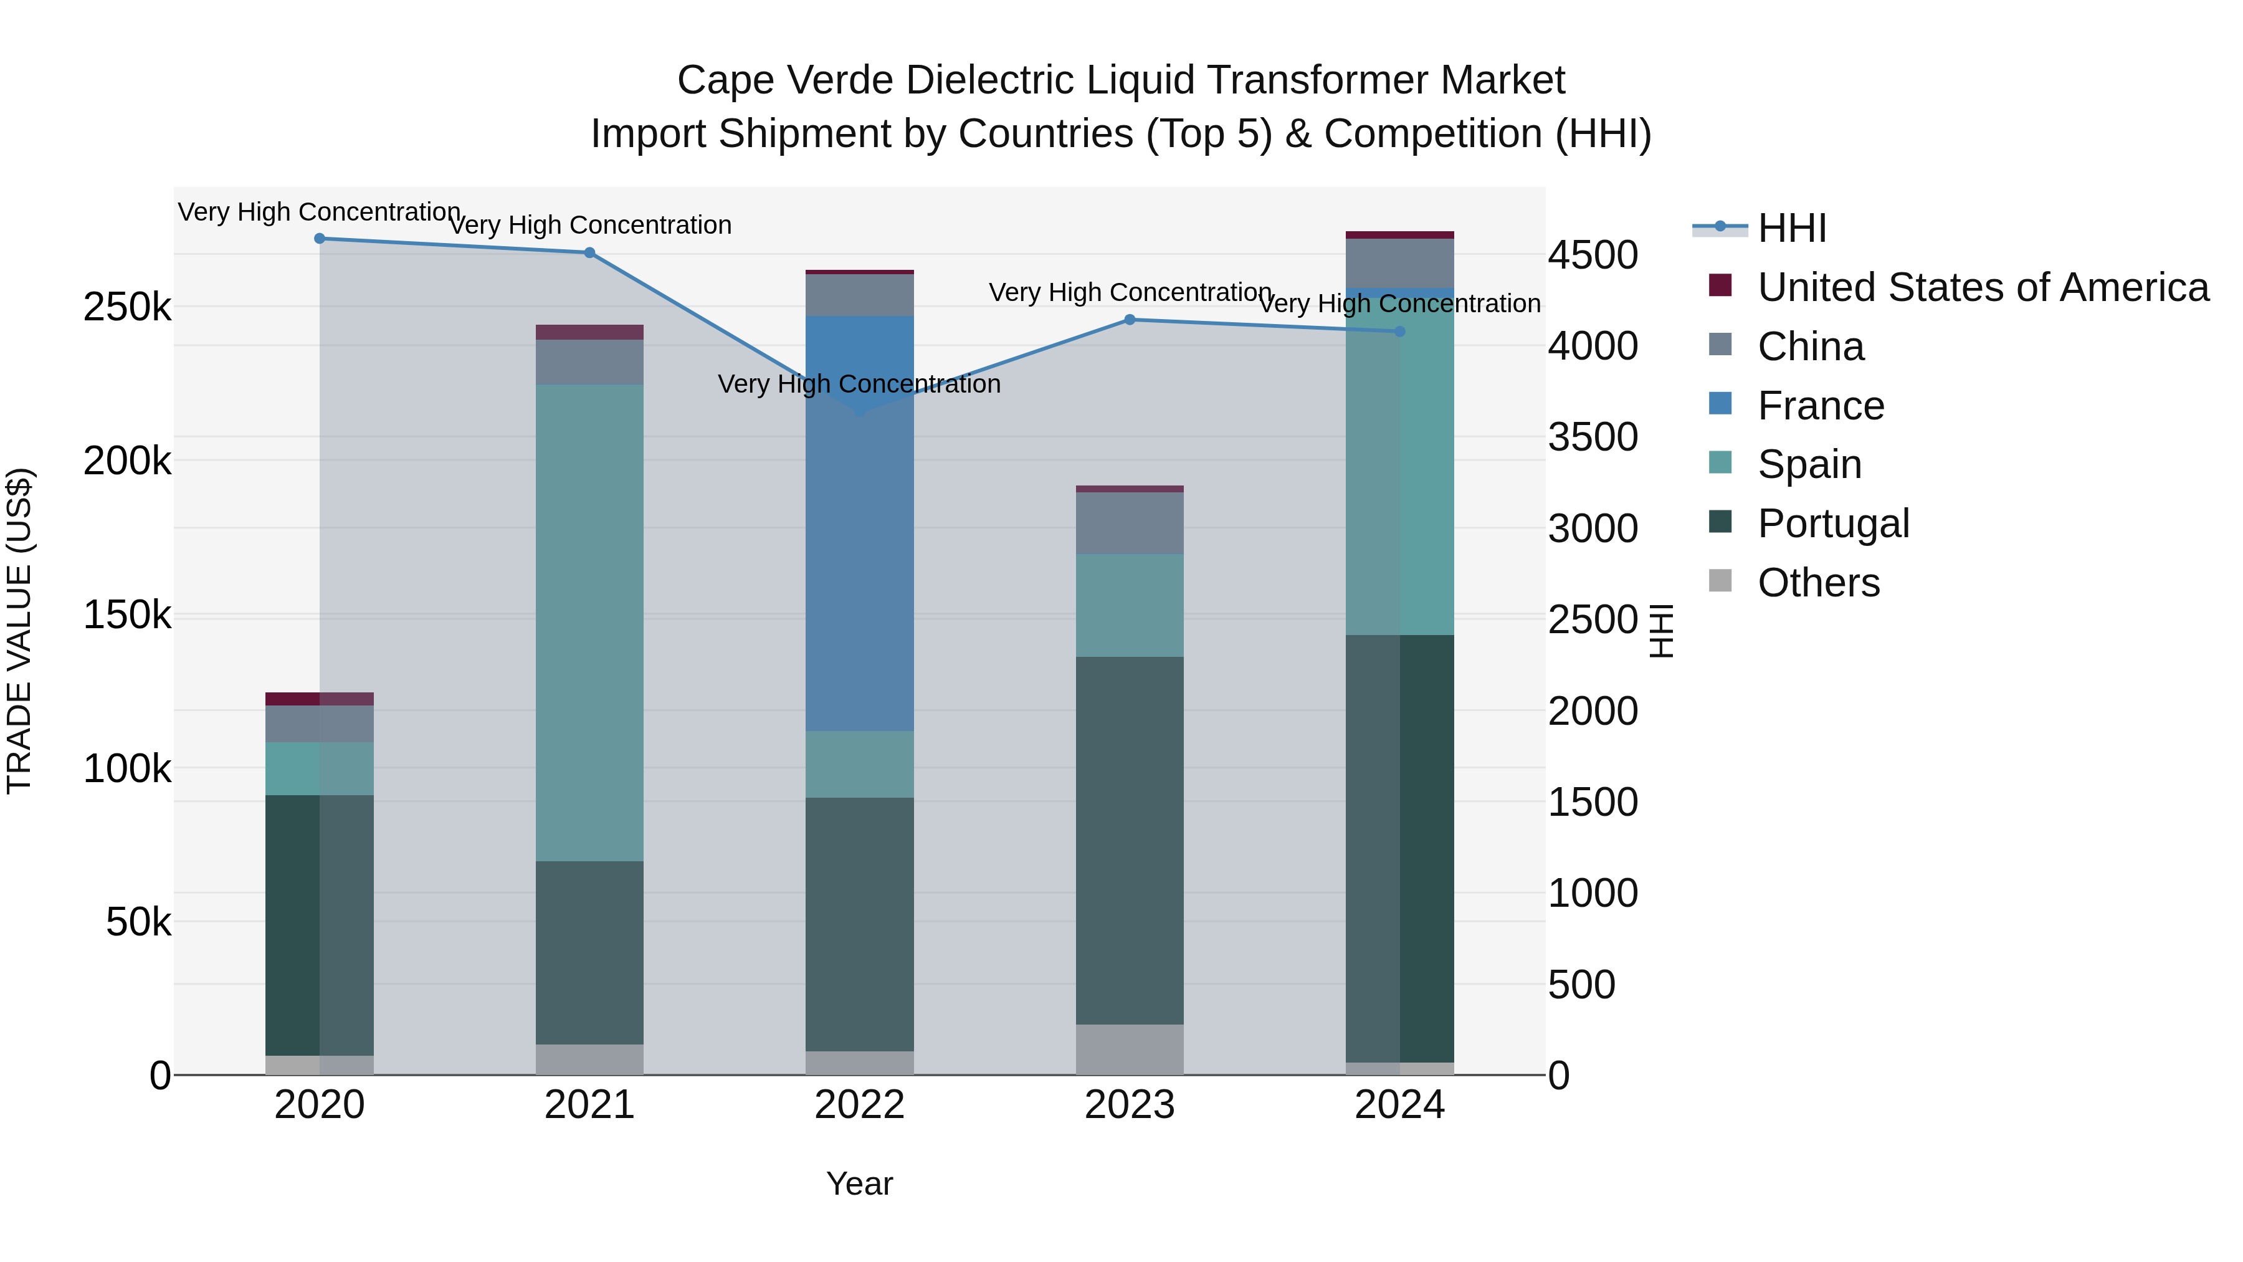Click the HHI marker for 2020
tap(320, 239)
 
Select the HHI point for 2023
tap(1130, 320)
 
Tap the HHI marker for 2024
tap(1400, 332)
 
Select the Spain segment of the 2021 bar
tap(589, 623)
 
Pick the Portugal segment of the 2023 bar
tap(1130, 841)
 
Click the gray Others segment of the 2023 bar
tap(1130, 1049)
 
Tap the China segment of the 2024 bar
tap(1400, 263)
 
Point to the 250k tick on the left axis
tap(127, 307)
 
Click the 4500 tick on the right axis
tap(1593, 256)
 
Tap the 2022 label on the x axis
tap(859, 1105)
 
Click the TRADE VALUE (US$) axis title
tap(19, 631)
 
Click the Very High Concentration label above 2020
tap(320, 213)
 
